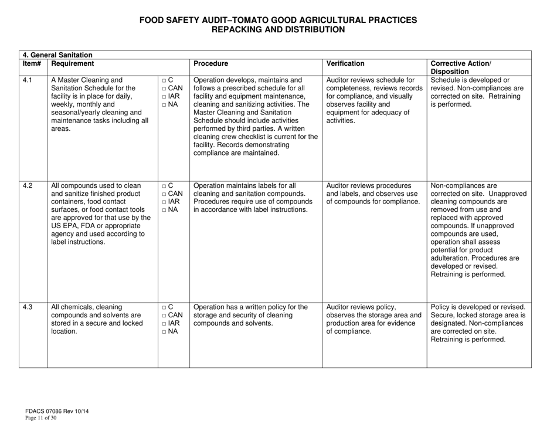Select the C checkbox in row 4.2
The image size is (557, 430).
[x=164, y=186]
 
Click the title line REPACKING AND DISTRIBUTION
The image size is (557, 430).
[x=278, y=29]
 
